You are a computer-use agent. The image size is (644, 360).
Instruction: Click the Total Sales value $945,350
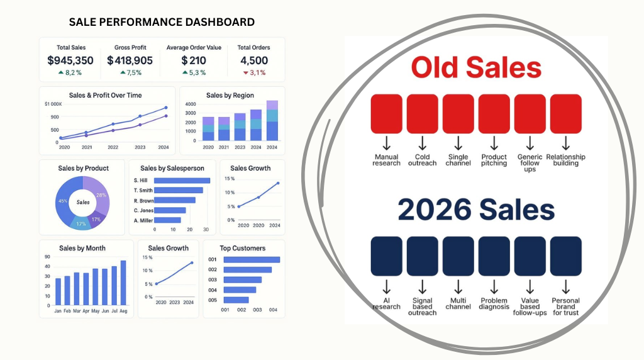point(70,60)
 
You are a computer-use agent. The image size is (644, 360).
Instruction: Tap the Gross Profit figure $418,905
point(130,60)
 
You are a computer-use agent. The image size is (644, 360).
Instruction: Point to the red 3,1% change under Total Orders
point(254,73)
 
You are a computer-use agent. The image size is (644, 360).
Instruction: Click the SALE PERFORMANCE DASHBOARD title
point(162,22)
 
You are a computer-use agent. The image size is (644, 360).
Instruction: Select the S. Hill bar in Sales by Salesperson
point(182,181)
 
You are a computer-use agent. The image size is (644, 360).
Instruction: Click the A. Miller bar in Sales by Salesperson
point(167,220)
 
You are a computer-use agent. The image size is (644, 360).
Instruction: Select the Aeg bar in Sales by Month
point(123,283)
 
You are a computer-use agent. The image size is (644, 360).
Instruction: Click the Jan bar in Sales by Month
point(58,292)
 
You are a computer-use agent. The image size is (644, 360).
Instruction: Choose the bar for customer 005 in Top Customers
point(236,300)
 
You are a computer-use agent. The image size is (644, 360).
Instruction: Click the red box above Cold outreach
point(422,114)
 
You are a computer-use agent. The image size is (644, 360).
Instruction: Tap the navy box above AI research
point(387,256)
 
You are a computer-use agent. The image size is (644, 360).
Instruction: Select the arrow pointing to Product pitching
point(494,143)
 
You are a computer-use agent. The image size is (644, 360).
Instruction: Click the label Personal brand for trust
point(565,307)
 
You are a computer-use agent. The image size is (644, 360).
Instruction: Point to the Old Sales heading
point(476,67)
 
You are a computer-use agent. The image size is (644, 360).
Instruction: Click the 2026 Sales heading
point(476,210)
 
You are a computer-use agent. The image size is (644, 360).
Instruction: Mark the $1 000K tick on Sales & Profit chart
point(53,104)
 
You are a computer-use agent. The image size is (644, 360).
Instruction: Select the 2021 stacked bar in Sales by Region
point(224,129)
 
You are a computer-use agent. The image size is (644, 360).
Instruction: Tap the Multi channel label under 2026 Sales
point(458,304)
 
